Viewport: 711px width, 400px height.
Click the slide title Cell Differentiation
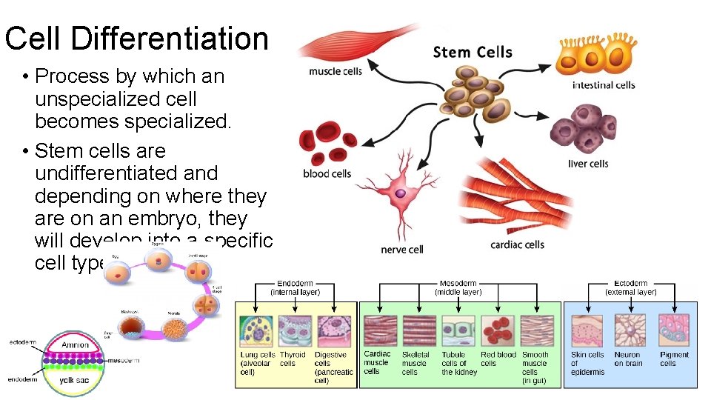click(136, 39)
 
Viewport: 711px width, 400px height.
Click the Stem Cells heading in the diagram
click(472, 52)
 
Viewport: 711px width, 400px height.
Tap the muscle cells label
click(335, 72)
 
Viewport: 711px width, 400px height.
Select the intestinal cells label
click(603, 85)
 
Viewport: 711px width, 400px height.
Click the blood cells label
click(326, 174)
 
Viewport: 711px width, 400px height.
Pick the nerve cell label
click(401, 250)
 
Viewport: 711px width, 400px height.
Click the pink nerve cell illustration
click(399, 194)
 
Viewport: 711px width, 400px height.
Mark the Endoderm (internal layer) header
click(295, 287)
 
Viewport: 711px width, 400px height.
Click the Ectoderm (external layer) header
click(630, 287)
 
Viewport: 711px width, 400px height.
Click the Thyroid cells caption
click(293, 359)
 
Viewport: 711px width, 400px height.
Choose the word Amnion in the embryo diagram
click(75, 345)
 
